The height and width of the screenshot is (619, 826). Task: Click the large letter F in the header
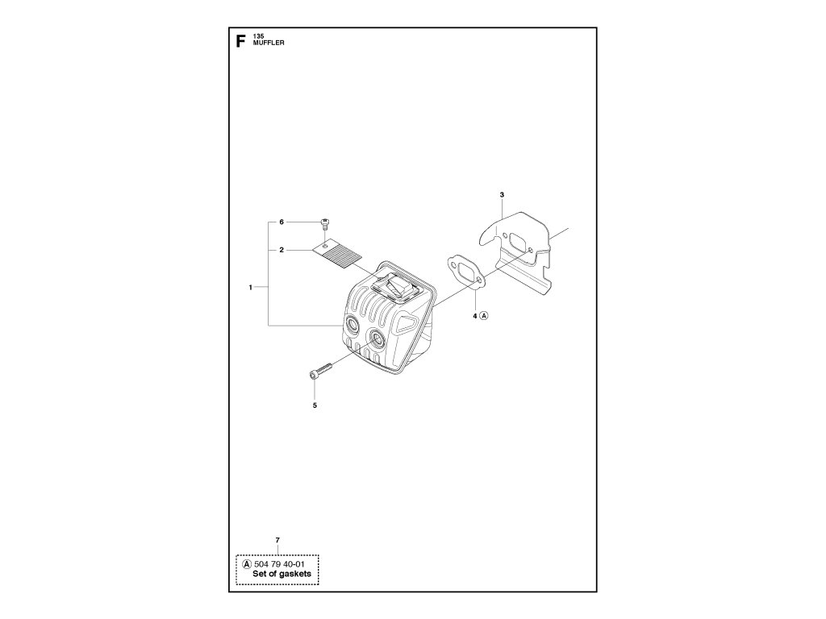pyautogui.click(x=240, y=42)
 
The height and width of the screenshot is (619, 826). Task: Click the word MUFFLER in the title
pyautogui.click(x=267, y=44)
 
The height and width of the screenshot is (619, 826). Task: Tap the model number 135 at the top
pyautogui.click(x=258, y=37)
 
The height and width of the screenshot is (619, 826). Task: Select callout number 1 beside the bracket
pyautogui.click(x=252, y=287)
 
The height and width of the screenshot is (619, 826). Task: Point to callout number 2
pyautogui.click(x=282, y=251)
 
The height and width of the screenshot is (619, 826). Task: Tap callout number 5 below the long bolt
pyautogui.click(x=315, y=405)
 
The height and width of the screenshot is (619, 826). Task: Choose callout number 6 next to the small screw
pyautogui.click(x=282, y=222)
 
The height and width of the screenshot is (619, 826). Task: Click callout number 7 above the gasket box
pyautogui.click(x=277, y=538)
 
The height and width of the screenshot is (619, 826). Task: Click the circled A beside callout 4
pyautogui.click(x=485, y=316)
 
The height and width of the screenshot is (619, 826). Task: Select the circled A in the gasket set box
pyautogui.click(x=244, y=564)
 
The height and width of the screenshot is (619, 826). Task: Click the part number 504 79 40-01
pyautogui.click(x=279, y=564)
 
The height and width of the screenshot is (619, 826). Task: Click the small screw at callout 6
pyautogui.click(x=325, y=223)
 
